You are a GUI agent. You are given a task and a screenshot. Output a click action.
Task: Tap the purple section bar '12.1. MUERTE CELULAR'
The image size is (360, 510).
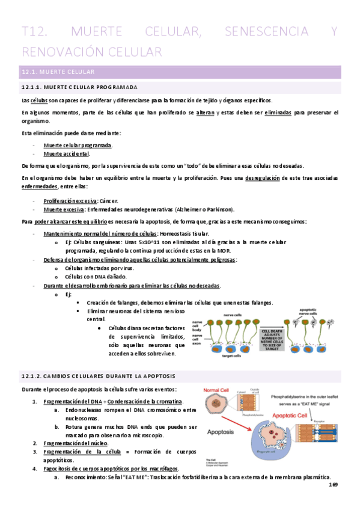tap(180, 73)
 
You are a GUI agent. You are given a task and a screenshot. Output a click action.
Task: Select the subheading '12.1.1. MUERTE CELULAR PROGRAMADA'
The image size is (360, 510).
tap(79, 88)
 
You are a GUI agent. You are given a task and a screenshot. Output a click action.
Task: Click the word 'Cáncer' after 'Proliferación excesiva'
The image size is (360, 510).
tap(109, 200)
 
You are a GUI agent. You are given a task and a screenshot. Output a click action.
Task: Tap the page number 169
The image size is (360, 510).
tap(334, 485)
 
